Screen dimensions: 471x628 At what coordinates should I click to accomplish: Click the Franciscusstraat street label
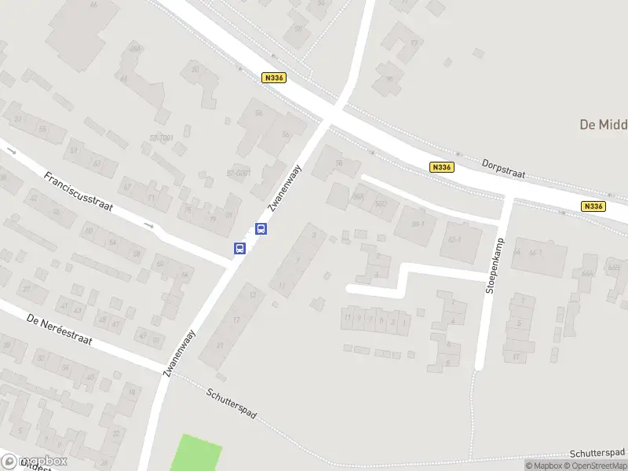(x=79, y=195)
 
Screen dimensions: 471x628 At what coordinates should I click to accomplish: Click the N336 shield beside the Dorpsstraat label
(x=442, y=167)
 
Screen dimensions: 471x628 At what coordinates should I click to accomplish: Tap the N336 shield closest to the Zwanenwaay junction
(x=274, y=78)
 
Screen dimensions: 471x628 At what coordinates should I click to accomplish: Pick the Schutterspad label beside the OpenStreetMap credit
(x=597, y=453)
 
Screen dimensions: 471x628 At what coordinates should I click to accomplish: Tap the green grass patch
(x=196, y=453)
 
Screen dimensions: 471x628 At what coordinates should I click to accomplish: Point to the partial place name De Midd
(x=603, y=124)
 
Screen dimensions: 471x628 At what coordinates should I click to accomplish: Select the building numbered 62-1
(x=454, y=239)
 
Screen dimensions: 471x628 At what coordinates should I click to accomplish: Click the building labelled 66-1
(x=537, y=253)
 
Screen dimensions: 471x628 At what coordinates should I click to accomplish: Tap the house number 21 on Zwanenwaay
(x=221, y=345)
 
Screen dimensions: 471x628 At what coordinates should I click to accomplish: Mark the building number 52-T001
(x=161, y=137)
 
